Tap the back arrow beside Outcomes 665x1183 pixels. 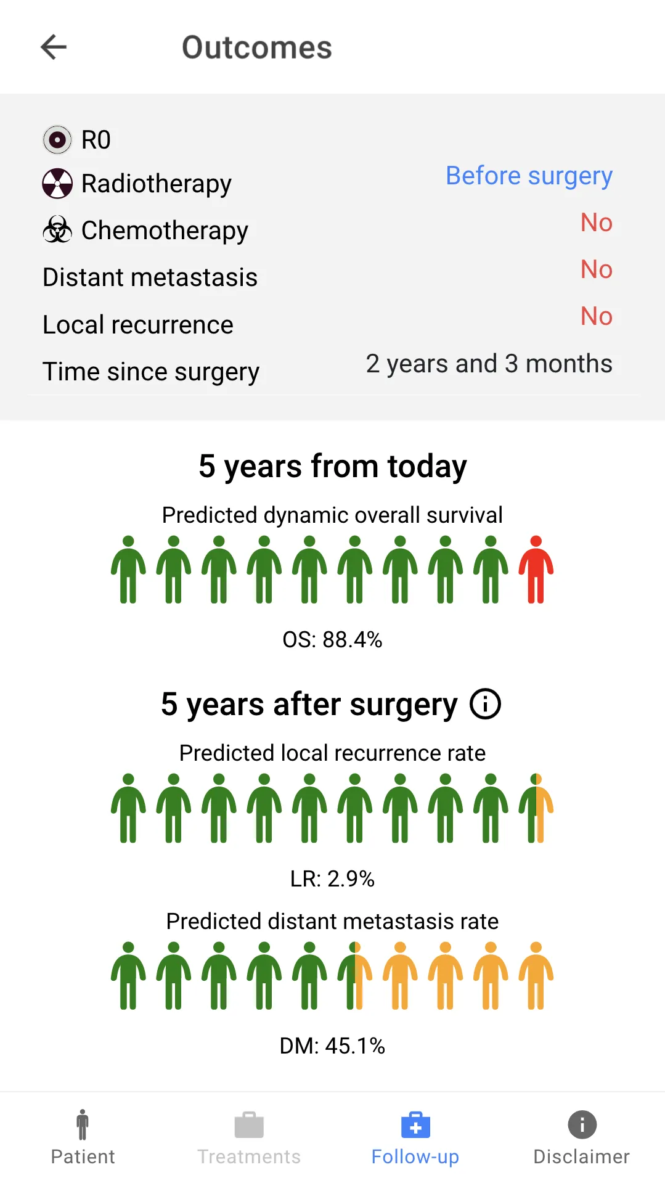[54, 47]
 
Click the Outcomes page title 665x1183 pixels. [257, 47]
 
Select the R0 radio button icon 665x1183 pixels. [57, 140]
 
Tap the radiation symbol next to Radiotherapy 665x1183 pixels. [57, 184]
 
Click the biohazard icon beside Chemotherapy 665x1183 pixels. [57, 229]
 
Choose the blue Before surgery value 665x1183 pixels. [529, 176]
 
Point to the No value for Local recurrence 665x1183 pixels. [597, 316]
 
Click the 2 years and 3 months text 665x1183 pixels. [489, 364]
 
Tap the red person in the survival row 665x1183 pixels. [536, 570]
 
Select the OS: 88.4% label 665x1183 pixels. [333, 640]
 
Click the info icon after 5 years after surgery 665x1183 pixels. [486, 704]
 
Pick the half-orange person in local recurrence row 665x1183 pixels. [536, 808]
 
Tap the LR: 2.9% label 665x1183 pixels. [333, 878]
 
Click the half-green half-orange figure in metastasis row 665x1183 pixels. [355, 976]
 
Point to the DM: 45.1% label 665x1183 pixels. [333, 1046]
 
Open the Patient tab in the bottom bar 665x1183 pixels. [83, 1137]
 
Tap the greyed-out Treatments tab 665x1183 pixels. [249, 1137]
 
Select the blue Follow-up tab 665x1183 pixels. [415, 1137]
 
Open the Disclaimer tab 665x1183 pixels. [582, 1137]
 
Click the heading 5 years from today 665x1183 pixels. [333, 467]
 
